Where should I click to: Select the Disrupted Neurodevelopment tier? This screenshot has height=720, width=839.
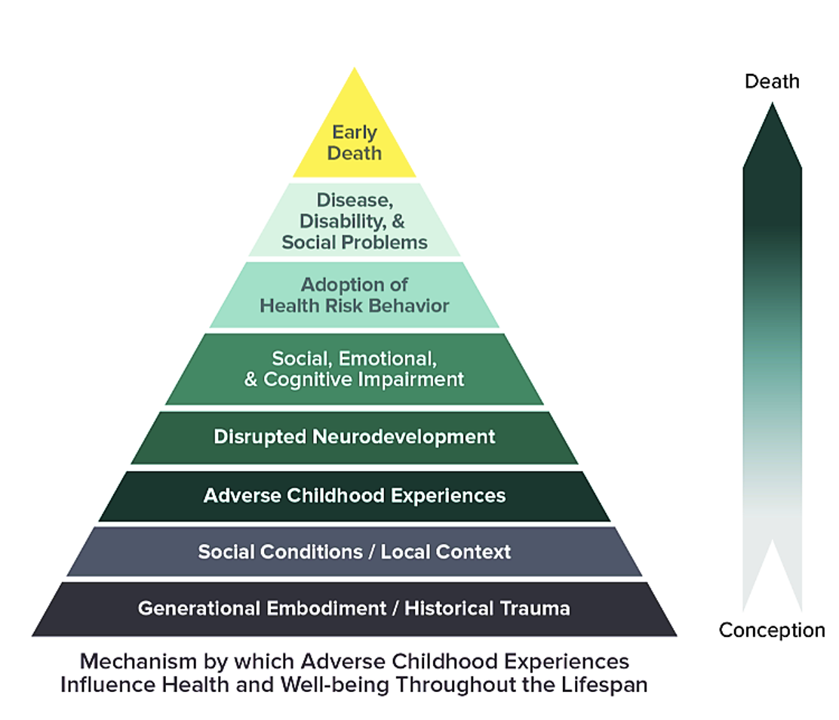(x=354, y=437)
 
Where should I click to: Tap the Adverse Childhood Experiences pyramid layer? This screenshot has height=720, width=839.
(x=354, y=496)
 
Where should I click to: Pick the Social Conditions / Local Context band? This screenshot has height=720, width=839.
(x=354, y=552)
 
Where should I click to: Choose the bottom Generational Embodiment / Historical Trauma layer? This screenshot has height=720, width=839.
(x=354, y=609)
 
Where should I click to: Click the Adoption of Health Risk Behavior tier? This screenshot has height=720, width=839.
(x=354, y=295)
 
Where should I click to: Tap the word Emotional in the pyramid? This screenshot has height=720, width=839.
(x=387, y=358)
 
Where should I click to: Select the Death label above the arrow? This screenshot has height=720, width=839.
(x=772, y=82)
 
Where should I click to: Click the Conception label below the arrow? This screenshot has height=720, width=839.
(x=772, y=630)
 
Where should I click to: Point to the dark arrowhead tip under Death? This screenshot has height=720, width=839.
(x=772, y=104)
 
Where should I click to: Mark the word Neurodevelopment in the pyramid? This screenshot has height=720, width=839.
(x=404, y=437)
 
